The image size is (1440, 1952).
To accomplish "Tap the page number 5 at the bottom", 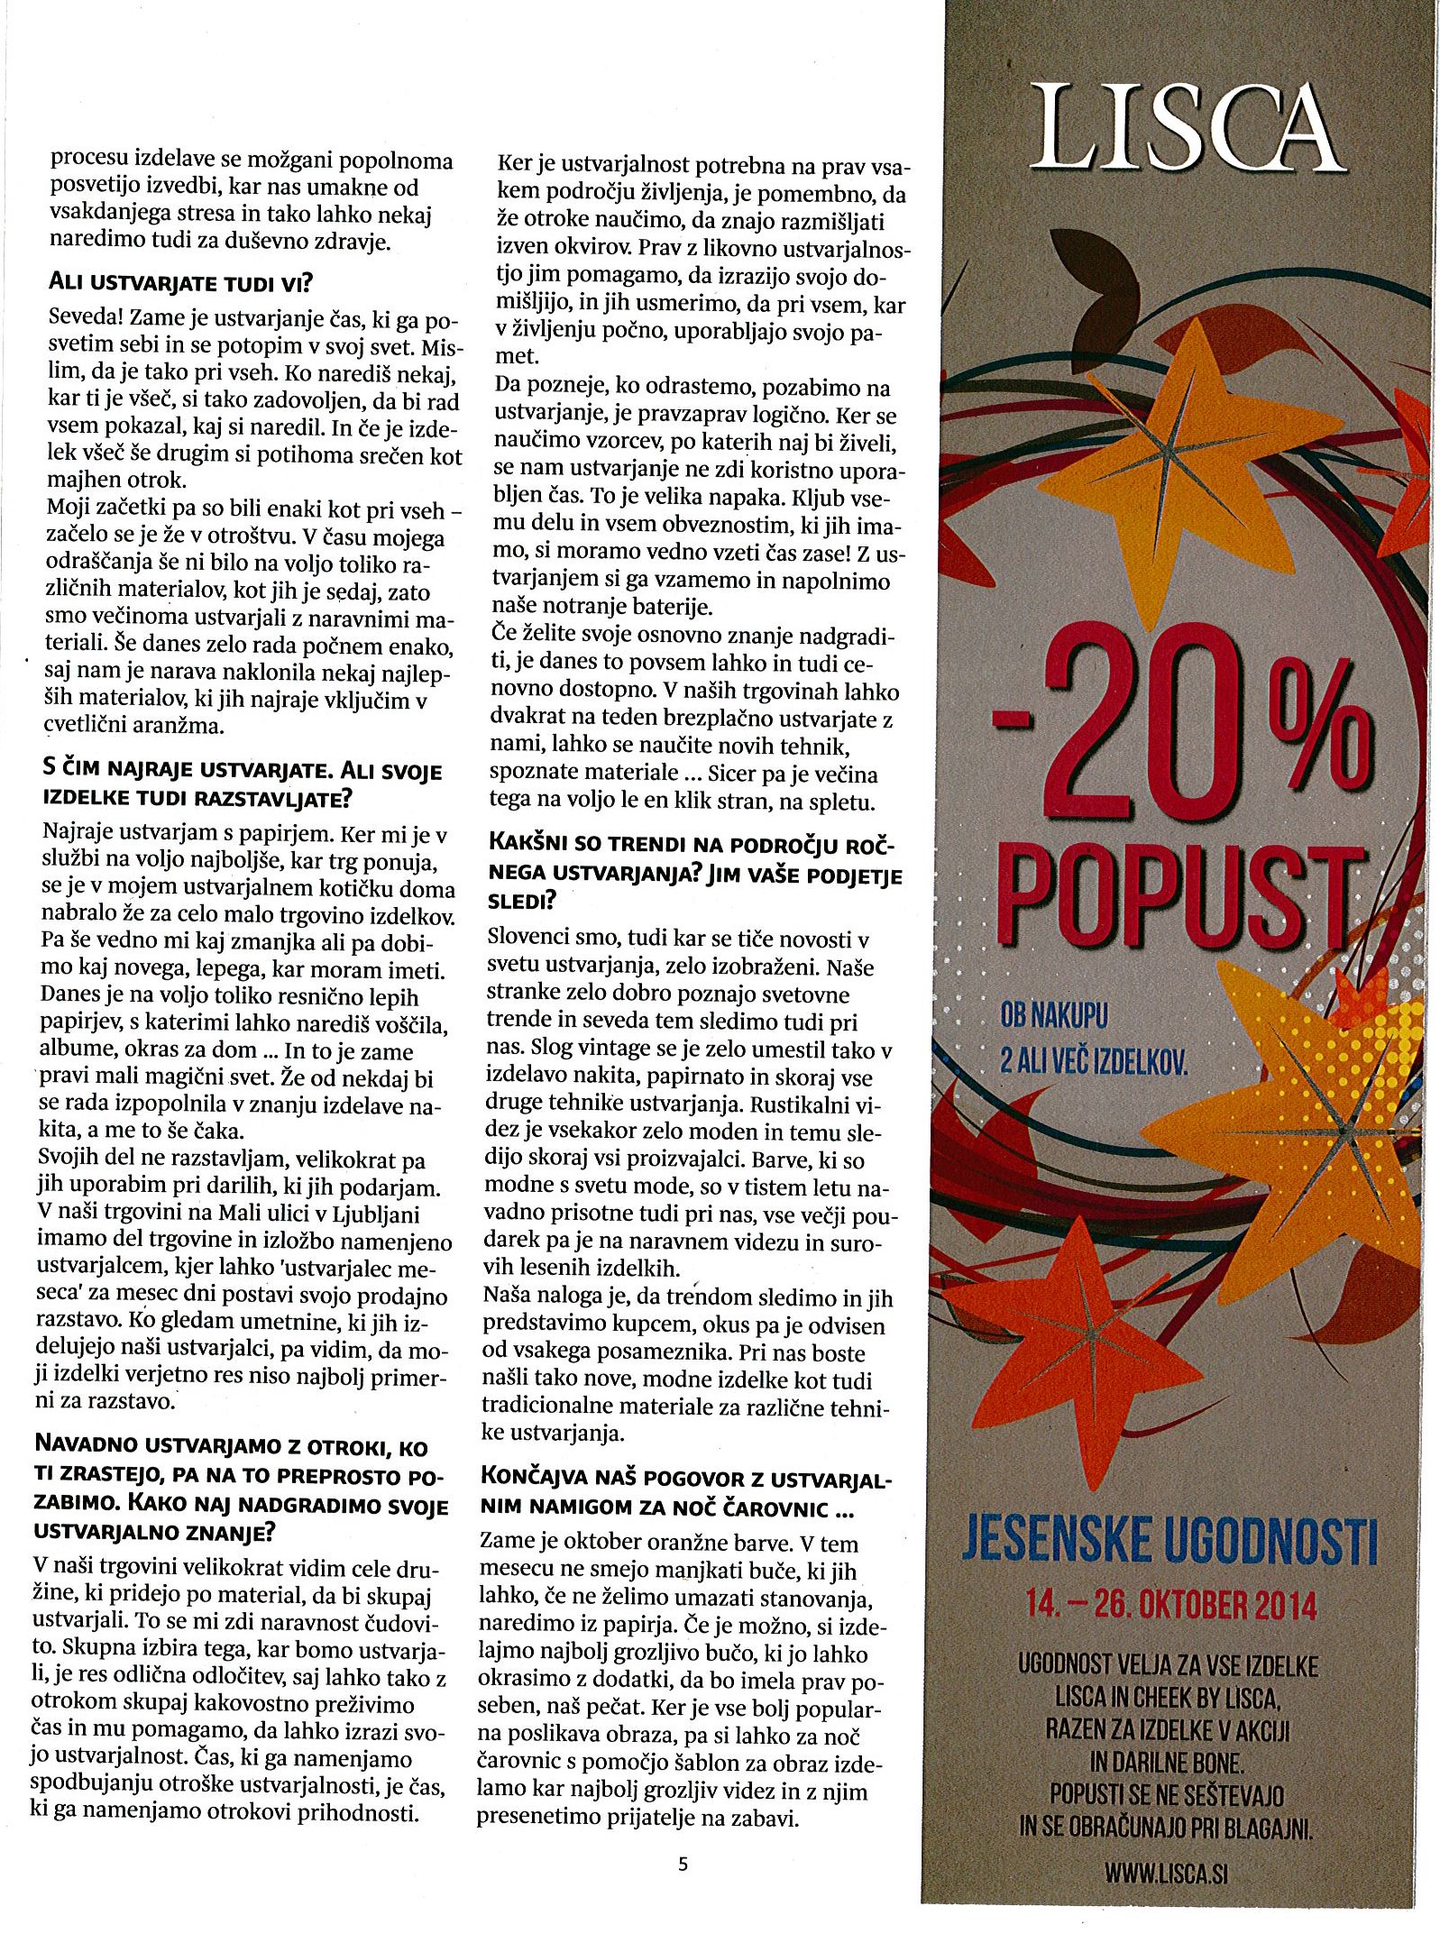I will (x=683, y=1864).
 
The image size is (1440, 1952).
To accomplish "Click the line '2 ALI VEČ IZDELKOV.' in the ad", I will (x=1094, y=1061).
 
